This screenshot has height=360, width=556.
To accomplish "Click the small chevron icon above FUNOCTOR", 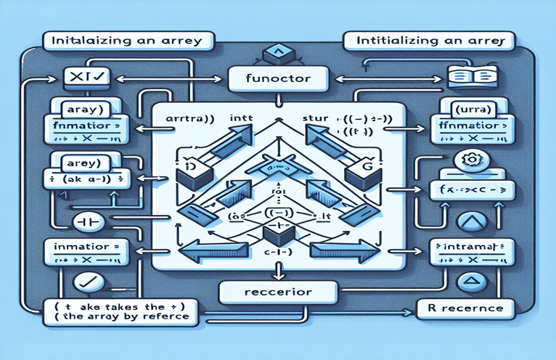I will coord(278,52).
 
